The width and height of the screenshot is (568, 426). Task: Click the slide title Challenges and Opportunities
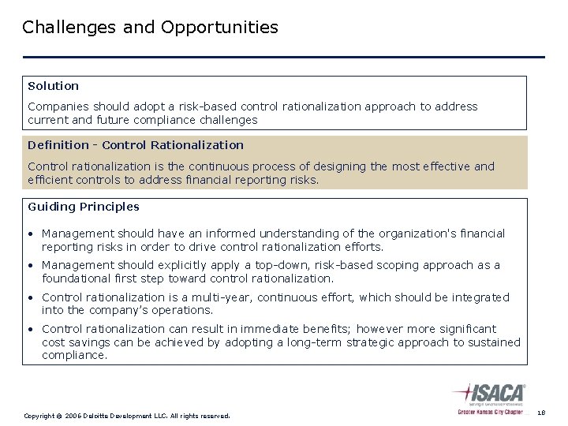click(150, 28)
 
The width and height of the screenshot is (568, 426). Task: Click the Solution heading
click(53, 85)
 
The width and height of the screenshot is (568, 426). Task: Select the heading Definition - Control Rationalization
click(135, 145)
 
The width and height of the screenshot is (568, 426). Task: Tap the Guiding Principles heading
click(83, 207)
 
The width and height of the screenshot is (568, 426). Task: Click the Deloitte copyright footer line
click(126, 415)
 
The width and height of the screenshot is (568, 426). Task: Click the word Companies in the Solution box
click(57, 106)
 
